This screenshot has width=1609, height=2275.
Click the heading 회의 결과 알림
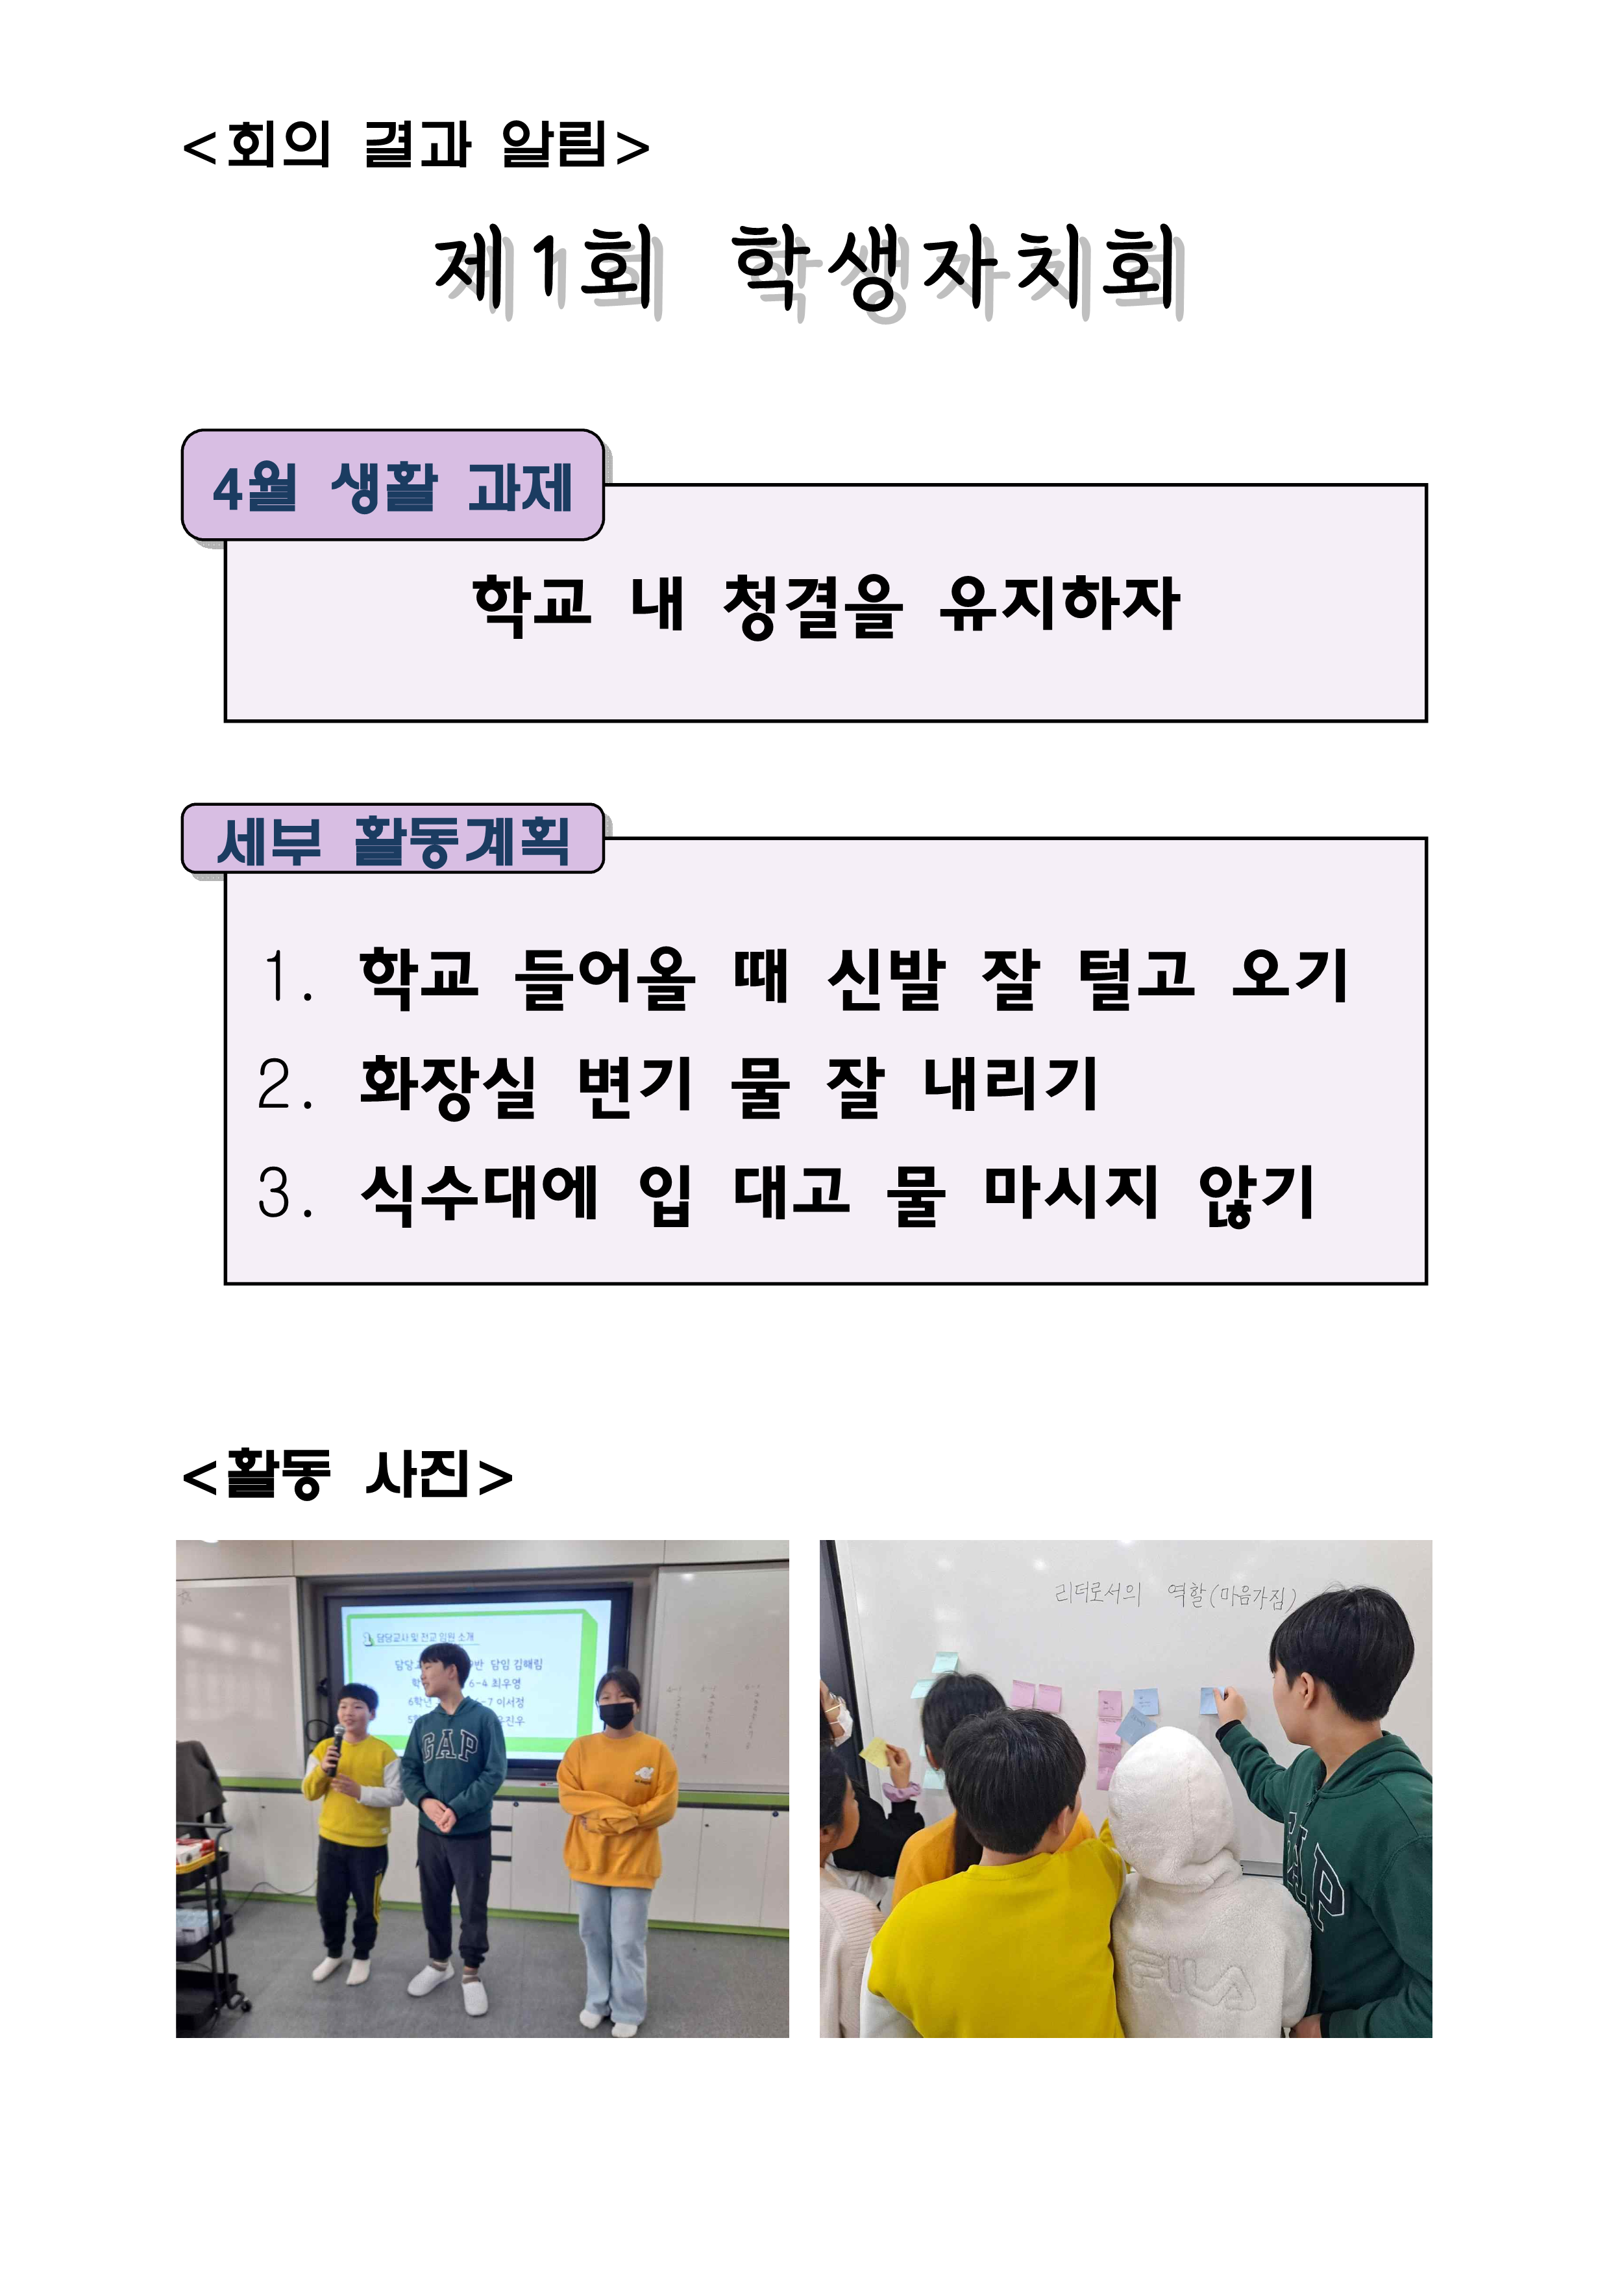tap(416, 145)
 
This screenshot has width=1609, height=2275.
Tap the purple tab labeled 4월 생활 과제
tap(392, 486)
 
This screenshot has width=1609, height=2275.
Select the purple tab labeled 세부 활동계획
tap(392, 840)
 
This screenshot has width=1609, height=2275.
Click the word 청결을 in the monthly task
tap(813, 604)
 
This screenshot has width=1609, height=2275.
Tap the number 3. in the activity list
tap(286, 1192)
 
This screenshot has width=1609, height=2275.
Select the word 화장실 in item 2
tap(448, 1085)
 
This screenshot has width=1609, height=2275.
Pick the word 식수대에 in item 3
tap(480, 1192)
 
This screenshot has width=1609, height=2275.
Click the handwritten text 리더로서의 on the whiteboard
tap(1097, 1593)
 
